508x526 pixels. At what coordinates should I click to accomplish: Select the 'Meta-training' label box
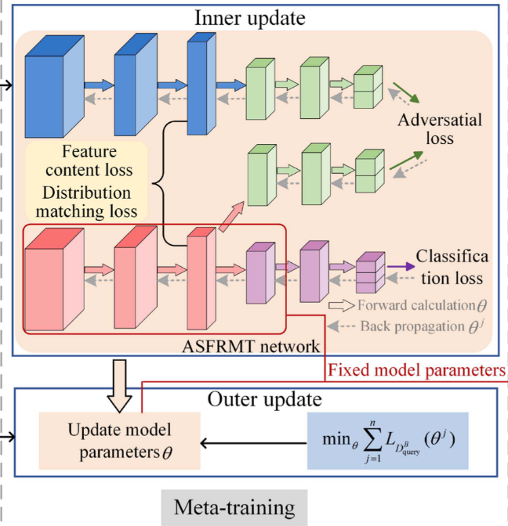235,507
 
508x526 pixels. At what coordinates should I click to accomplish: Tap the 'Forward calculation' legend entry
419,305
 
